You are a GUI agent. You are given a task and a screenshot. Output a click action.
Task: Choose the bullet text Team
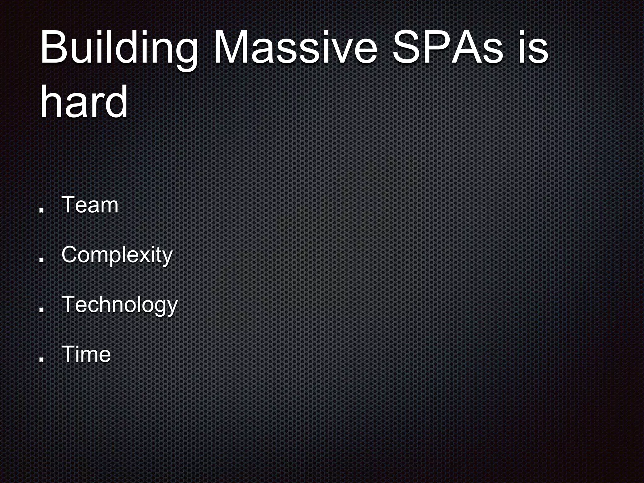pos(90,205)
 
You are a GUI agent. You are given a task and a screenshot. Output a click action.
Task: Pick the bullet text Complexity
pos(117,255)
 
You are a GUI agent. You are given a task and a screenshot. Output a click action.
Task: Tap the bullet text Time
pos(86,354)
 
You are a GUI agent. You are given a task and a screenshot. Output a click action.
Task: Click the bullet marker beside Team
pos(41,210)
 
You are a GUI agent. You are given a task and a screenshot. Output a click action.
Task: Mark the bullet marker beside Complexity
pos(41,259)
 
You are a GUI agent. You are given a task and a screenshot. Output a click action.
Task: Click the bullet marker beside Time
pos(41,359)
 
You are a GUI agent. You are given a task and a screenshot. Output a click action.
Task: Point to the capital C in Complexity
pos(70,255)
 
